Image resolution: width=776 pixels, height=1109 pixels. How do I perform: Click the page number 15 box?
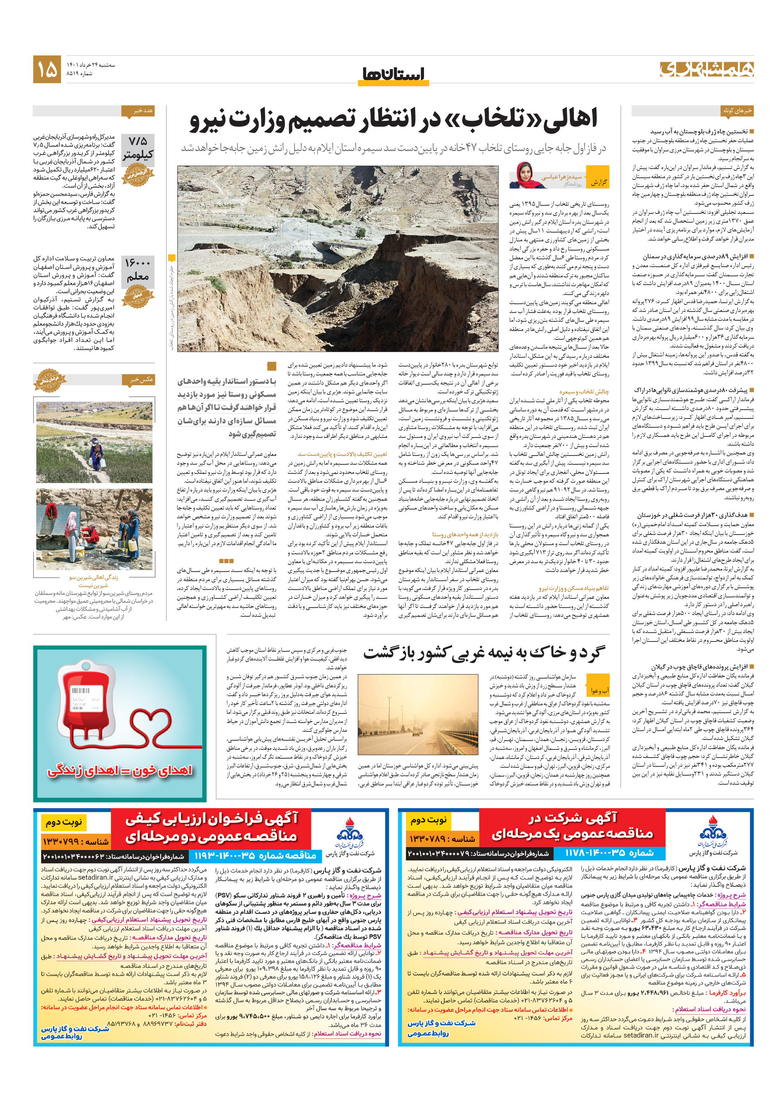pyautogui.click(x=47, y=69)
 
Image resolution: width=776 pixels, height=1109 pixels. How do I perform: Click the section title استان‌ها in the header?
pyautogui.click(x=393, y=74)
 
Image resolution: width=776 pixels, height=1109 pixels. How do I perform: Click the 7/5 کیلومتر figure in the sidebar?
pyautogui.click(x=138, y=147)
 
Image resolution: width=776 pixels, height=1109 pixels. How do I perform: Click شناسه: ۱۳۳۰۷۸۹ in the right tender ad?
pyautogui.click(x=442, y=838)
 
